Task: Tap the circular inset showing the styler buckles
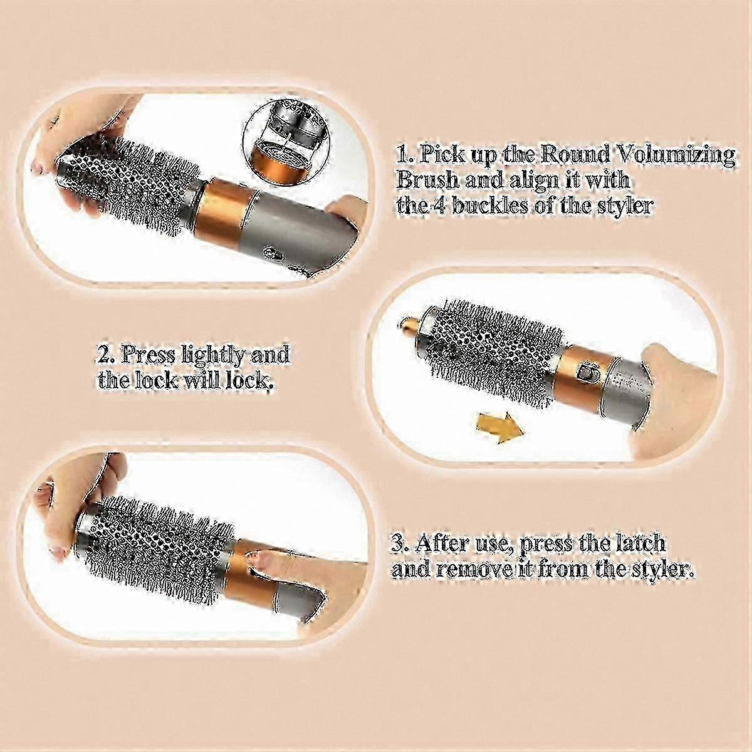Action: (x=286, y=140)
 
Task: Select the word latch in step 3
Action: (x=635, y=543)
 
